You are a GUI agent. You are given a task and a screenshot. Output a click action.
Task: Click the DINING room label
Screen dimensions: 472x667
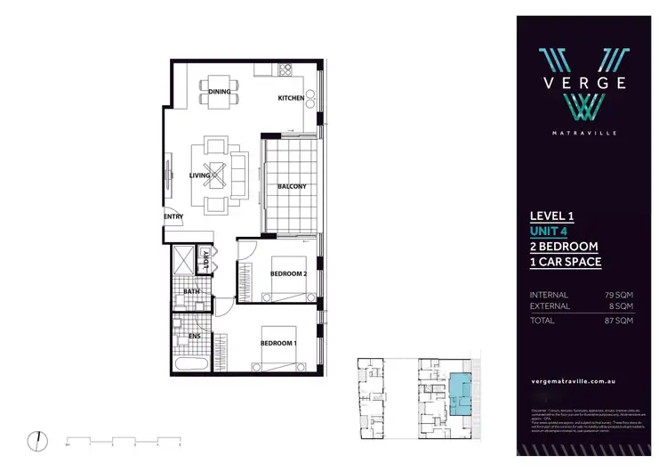coord(220,91)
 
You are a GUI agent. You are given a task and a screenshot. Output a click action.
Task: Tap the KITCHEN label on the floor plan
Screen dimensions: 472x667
coord(291,97)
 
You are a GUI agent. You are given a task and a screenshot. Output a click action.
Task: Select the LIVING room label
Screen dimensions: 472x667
coord(199,175)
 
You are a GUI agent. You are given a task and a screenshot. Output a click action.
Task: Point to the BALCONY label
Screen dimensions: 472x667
coord(292,186)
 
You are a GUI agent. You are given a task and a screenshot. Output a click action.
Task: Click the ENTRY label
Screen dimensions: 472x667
coord(173,216)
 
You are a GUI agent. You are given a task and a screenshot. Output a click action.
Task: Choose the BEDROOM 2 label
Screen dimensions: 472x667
coord(288,273)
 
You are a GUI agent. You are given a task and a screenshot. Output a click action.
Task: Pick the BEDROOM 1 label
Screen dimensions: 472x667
coord(277,343)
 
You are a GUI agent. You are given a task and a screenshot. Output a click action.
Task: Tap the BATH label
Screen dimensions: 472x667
coord(191,291)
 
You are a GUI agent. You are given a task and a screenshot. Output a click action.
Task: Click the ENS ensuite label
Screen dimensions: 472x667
coord(193,336)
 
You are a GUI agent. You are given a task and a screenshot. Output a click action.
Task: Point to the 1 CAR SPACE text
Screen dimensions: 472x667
coord(566,262)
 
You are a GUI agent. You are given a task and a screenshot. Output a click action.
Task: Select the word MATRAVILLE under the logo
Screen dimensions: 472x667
coord(583,133)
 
